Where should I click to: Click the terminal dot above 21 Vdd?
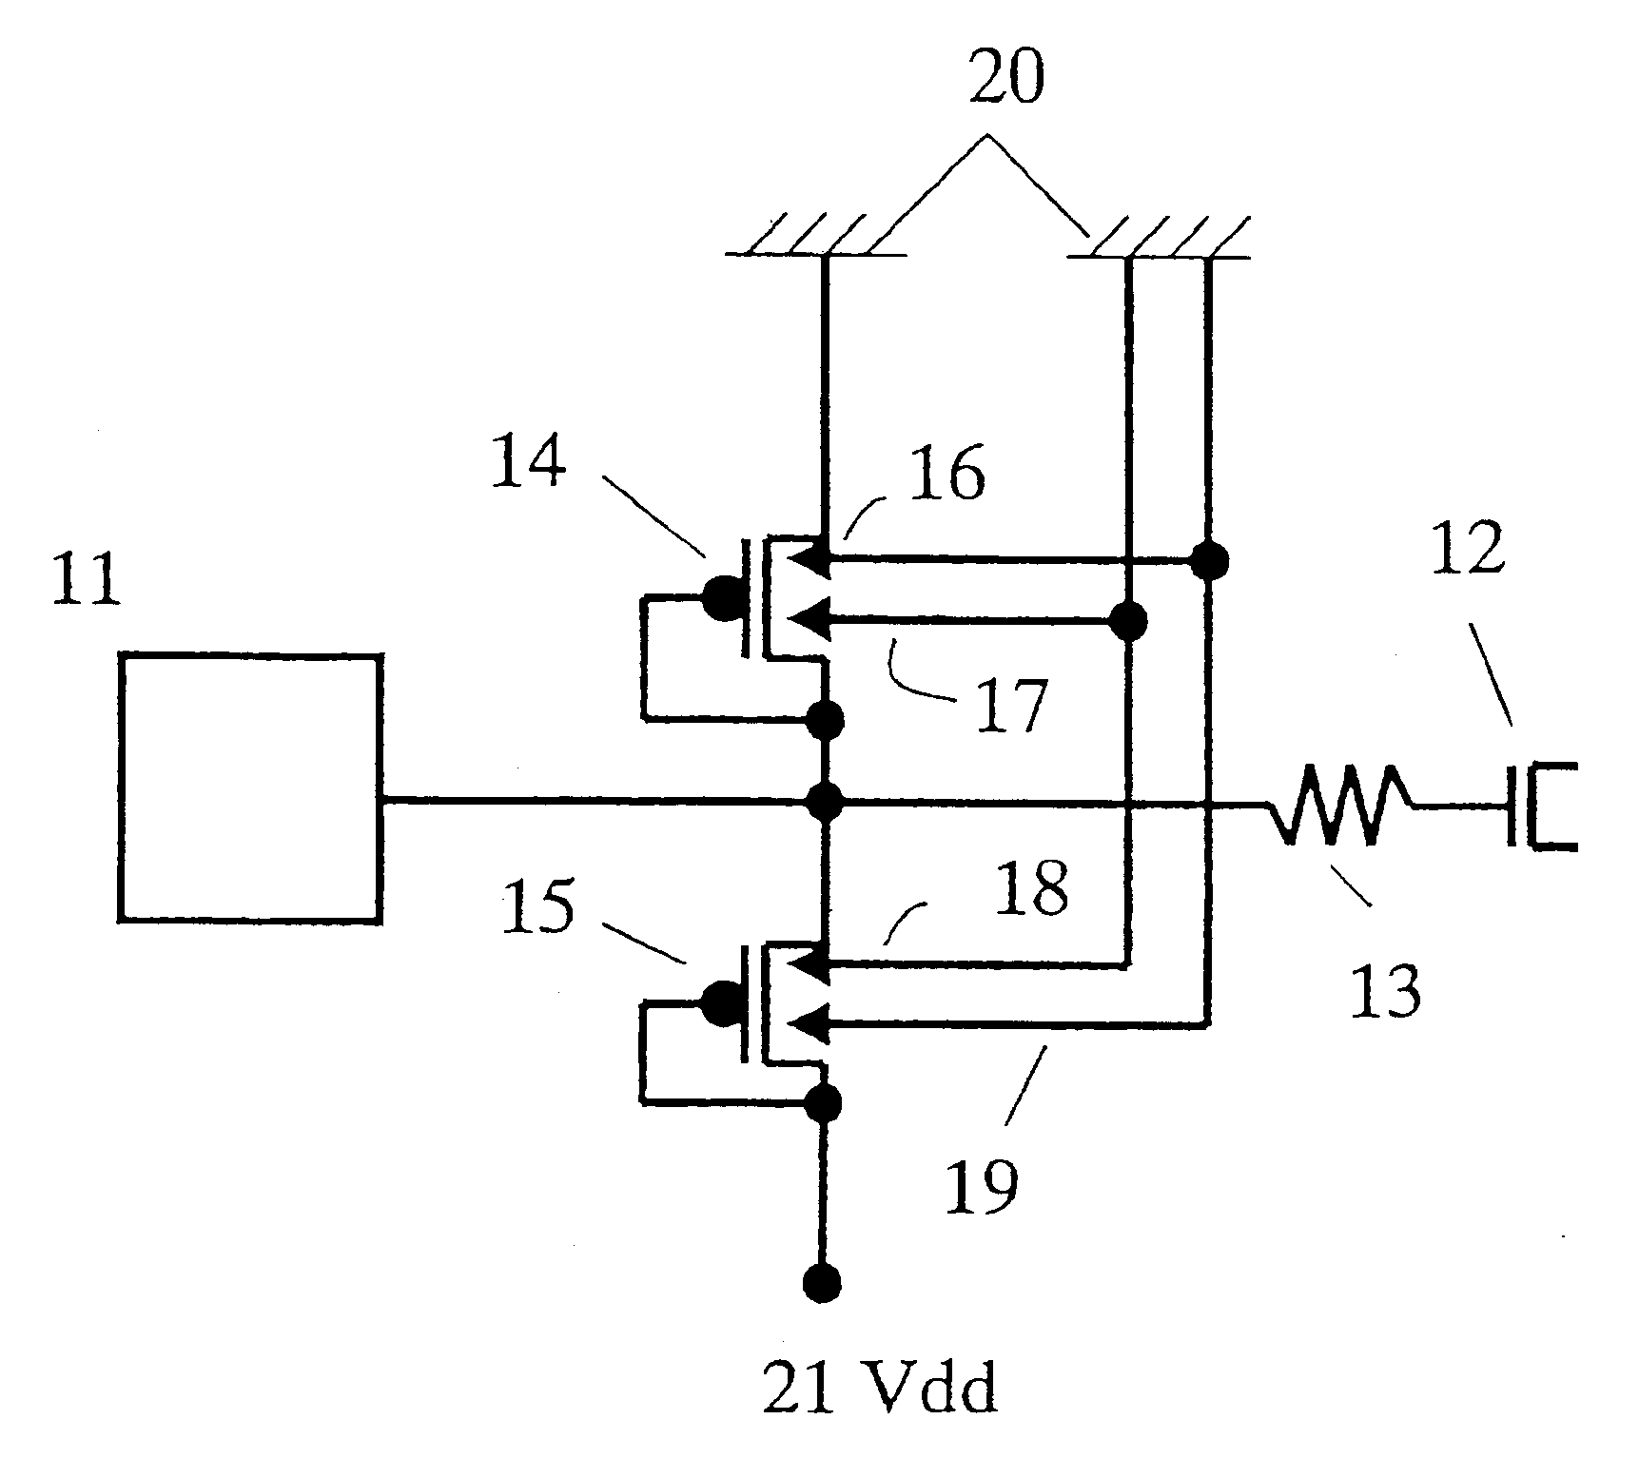pos(822,1284)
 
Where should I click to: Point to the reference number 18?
pos(1031,888)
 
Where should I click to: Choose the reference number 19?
pos(981,1184)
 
